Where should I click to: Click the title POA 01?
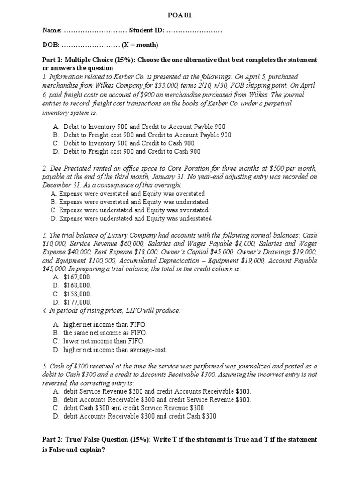[180, 15]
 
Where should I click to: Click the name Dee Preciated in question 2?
[71, 168]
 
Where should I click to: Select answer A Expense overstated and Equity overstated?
[127, 194]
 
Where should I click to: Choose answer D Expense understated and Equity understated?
[131, 218]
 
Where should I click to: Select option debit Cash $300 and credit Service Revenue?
[135, 408]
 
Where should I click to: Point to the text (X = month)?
[140, 45]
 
